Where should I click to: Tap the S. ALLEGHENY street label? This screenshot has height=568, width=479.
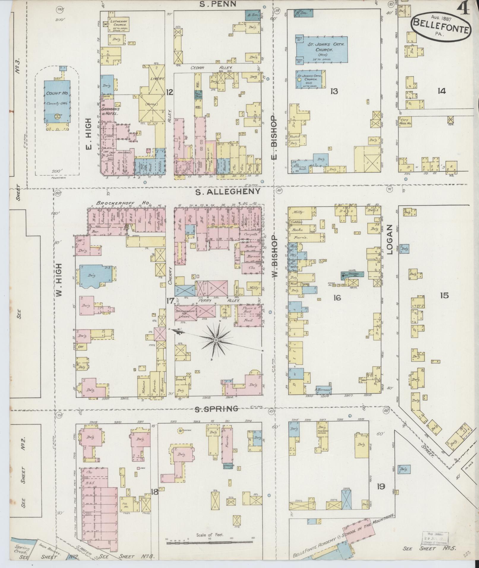(x=227, y=192)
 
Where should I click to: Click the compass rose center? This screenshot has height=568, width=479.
(x=216, y=340)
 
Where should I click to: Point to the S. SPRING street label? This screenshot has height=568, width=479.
(x=216, y=409)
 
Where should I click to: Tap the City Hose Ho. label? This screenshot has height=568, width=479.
(x=405, y=122)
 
